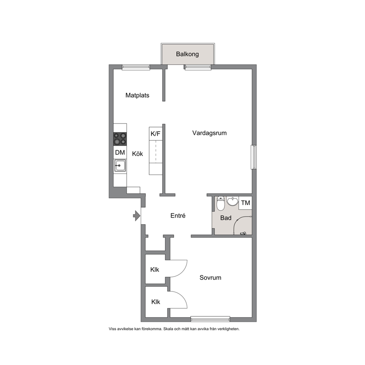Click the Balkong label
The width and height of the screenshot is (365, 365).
(x=187, y=54)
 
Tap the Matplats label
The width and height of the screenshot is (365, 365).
(x=137, y=95)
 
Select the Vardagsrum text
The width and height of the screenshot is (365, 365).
(x=209, y=133)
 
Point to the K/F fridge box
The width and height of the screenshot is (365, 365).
(x=156, y=134)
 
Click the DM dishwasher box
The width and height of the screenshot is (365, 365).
(x=120, y=152)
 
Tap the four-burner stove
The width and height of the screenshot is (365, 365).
(x=120, y=139)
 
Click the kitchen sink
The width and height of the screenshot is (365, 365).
(x=120, y=166)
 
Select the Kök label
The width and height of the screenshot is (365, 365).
(x=138, y=154)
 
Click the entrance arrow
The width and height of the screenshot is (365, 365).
(x=137, y=216)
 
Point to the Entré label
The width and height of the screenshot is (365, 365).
(x=178, y=216)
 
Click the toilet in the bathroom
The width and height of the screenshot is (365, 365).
(x=220, y=203)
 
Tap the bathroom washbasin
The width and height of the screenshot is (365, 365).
(x=233, y=201)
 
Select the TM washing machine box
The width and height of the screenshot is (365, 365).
(x=245, y=203)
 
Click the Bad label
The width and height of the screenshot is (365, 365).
(x=226, y=218)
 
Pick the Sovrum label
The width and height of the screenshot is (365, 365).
(x=210, y=277)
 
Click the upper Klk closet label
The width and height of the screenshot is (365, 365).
(x=155, y=270)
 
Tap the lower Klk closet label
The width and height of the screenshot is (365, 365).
(x=156, y=302)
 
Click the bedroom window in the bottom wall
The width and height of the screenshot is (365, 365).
(x=210, y=319)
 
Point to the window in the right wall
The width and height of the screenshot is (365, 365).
(x=254, y=157)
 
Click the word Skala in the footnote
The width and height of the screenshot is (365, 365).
(x=168, y=329)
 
